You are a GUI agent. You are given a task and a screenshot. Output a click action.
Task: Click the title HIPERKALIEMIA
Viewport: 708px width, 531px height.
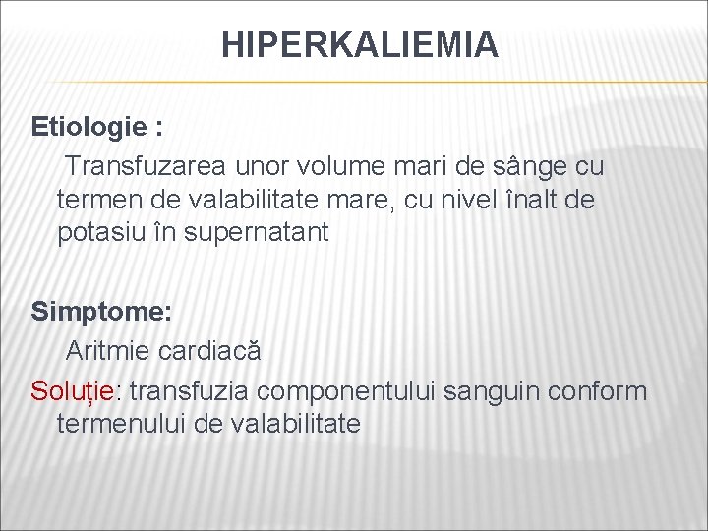click(359, 44)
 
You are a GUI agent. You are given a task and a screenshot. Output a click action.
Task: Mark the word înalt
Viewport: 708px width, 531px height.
click(539, 200)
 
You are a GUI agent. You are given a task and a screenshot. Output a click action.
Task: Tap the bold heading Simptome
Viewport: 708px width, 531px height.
click(101, 312)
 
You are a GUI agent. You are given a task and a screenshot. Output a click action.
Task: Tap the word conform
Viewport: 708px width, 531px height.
click(602, 390)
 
